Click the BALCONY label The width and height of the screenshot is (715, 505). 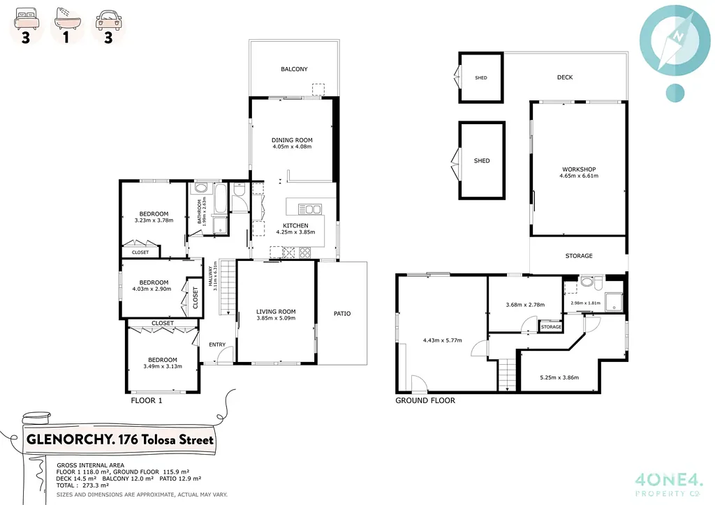pos(294,69)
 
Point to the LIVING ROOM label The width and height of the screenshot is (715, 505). pos(276,312)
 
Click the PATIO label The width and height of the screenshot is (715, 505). pos(341,314)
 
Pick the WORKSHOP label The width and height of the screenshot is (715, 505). pos(579,169)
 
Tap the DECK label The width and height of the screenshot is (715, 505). pos(565,77)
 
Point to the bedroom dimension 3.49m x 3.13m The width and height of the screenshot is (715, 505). pos(162,366)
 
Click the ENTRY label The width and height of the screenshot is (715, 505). pos(217,345)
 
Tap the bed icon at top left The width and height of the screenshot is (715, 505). pos(25,18)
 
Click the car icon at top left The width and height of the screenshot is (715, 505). pos(108,18)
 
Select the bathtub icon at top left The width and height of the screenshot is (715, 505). pos(66,18)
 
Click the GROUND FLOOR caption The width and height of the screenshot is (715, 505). pos(425,400)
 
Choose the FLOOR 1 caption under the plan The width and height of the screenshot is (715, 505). pos(147,400)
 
